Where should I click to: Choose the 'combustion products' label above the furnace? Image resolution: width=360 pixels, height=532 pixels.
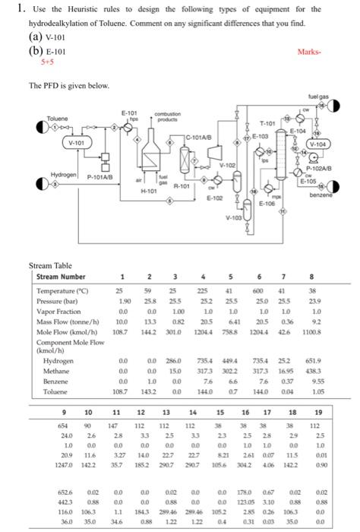(185, 116)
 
